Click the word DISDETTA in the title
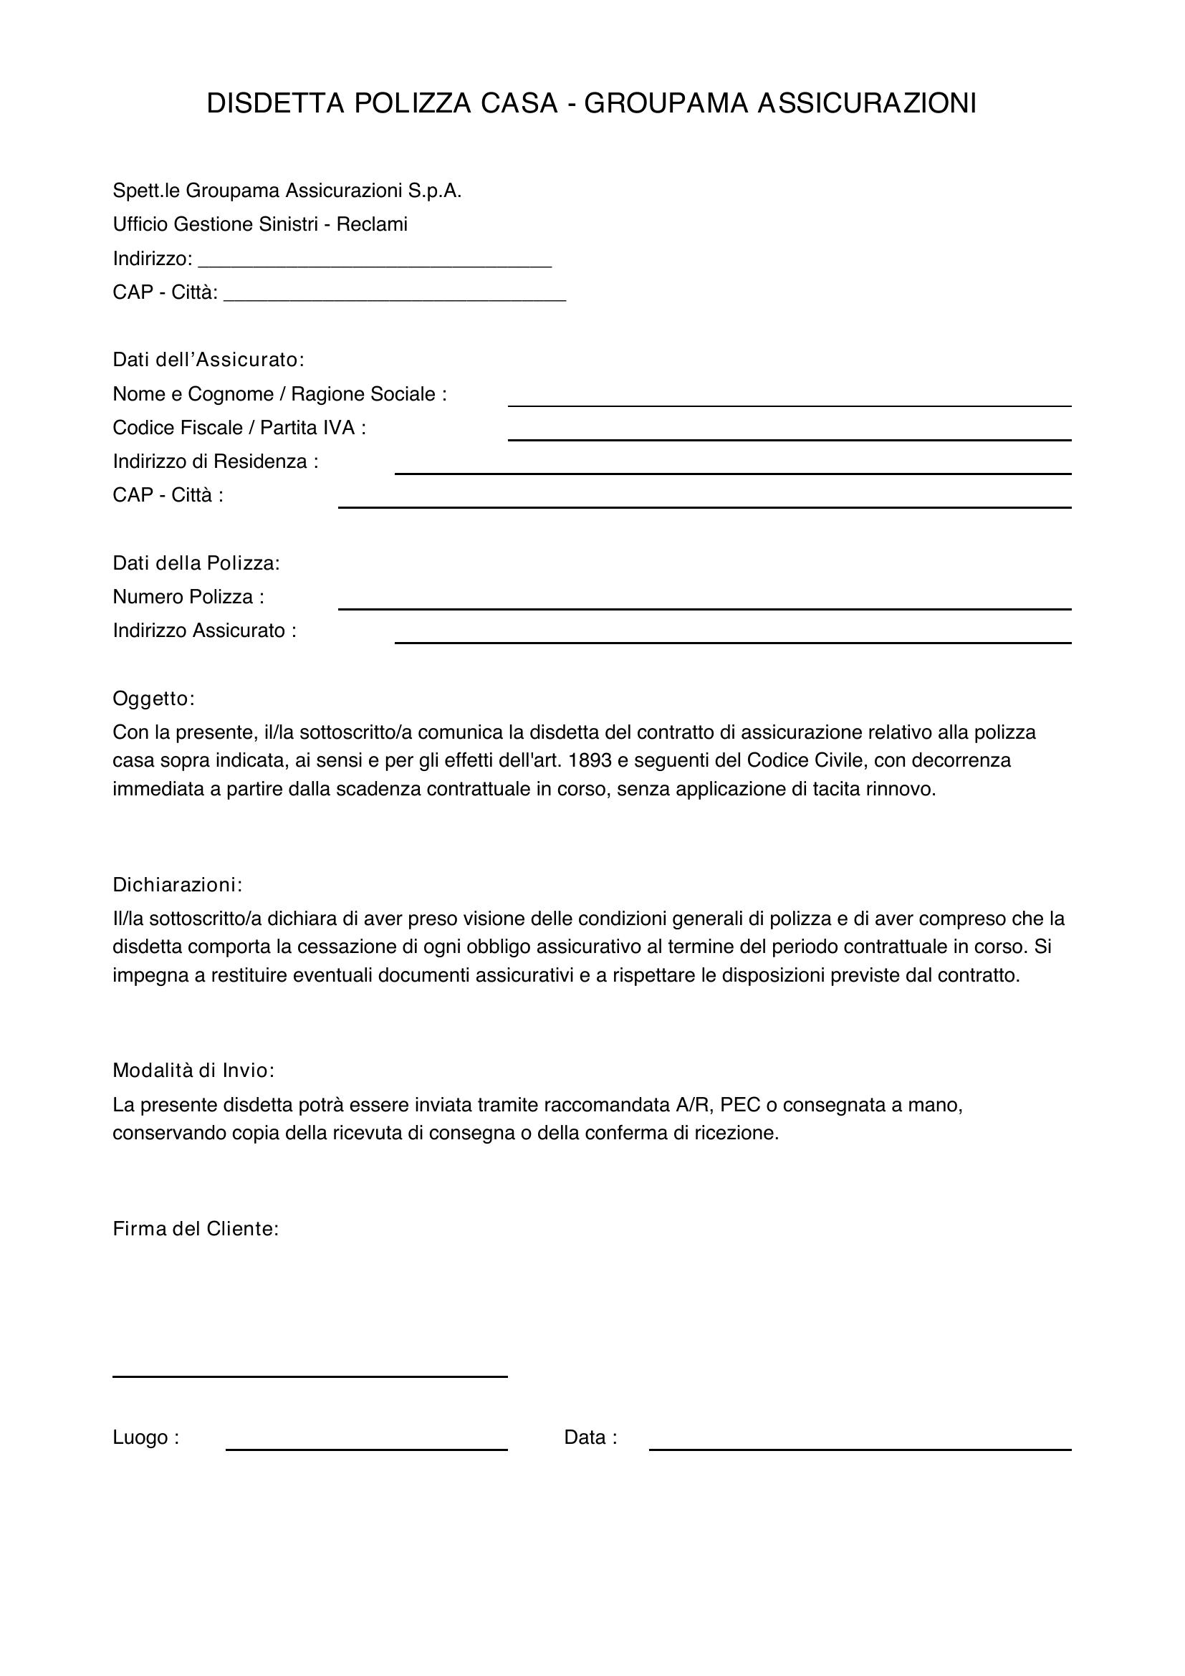(275, 104)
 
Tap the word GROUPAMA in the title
(666, 104)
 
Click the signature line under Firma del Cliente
(310, 1375)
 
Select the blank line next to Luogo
(366, 1448)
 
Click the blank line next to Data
(860, 1448)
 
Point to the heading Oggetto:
(154, 699)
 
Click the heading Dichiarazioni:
(177, 885)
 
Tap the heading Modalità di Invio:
(193, 1071)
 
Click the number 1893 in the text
(589, 761)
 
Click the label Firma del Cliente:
(196, 1230)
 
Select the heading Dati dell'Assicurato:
(208, 360)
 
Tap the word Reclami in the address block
(371, 224)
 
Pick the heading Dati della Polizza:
(196, 563)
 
